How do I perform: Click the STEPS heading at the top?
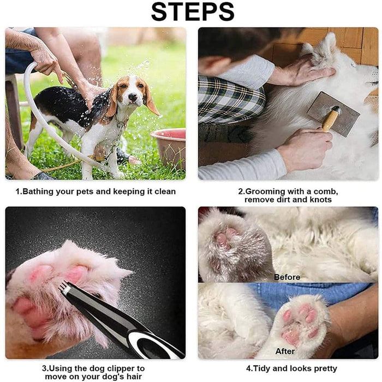193,12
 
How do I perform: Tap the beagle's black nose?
133,97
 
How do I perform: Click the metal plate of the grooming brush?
333,114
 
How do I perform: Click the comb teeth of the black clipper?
64,286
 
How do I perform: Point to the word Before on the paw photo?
287,277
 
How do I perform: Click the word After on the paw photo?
285,351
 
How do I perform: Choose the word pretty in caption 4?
325,369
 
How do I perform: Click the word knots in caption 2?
320,200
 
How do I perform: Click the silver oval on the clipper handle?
152,345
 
